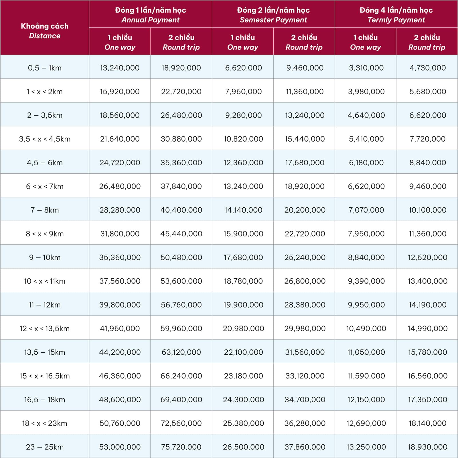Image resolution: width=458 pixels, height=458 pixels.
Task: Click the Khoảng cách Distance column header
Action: [45, 31]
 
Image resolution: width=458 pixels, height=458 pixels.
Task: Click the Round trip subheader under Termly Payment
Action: [427, 42]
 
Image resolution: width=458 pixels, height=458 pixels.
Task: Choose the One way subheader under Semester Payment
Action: [242, 42]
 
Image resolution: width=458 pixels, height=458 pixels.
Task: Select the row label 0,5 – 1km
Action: [45, 68]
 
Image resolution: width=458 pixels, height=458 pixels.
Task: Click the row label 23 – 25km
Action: [45, 447]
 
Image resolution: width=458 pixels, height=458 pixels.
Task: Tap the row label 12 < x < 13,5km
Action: [45, 328]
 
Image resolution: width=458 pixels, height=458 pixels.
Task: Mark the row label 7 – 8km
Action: [45, 210]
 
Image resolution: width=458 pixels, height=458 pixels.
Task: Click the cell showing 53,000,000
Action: [120, 447]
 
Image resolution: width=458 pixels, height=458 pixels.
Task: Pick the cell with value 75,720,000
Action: [181, 447]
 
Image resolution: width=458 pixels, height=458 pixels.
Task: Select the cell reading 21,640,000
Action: [120, 139]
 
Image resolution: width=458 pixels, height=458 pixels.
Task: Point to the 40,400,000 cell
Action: [181, 210]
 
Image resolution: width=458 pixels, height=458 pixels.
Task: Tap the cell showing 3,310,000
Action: [366, 68]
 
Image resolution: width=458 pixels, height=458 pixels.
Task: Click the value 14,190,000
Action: [427, 305]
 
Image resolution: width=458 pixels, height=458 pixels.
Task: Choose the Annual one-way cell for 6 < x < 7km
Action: [120, 186]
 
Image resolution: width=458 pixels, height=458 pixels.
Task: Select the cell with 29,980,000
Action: [305, 328]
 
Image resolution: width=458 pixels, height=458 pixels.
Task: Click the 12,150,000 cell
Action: [366, 399]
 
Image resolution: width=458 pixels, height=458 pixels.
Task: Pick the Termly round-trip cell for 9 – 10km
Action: [427, 257]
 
